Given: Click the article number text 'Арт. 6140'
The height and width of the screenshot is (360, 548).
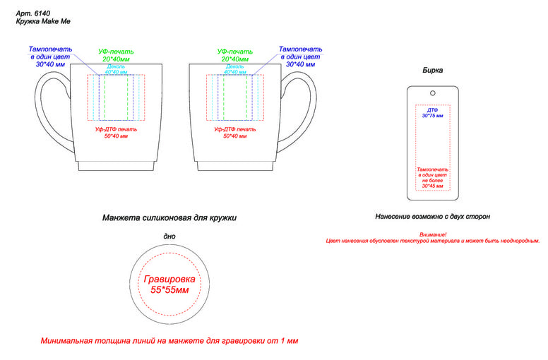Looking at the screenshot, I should [x=32, y=13].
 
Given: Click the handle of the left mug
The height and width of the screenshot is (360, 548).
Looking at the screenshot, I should [x=44, y=113].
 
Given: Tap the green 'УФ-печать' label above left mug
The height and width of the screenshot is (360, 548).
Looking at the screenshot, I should [x=116, y=52].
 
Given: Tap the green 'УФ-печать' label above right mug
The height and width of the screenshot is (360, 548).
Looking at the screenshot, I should [x=235, y=52].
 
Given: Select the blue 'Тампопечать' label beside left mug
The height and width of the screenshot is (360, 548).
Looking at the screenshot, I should [x=50, y=49].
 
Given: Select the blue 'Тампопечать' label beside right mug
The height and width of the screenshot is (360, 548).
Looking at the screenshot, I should [x=300, y=49].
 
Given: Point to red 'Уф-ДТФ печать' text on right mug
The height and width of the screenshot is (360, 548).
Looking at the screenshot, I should [x=235, y=129].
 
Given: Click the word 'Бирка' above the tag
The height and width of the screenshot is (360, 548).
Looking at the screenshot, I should [x=433, y=71].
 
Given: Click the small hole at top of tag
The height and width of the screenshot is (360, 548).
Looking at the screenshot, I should [x=432, y=93].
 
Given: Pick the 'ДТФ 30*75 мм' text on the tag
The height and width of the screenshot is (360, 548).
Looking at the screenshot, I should [x=433, y=113].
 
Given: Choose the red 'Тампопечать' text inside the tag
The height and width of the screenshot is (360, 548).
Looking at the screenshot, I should [x=433, y=170].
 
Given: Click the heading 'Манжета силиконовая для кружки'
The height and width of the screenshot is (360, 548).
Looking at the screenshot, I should [x=169, y=218].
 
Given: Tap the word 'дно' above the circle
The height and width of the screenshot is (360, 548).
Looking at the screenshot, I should [x=169, y=236].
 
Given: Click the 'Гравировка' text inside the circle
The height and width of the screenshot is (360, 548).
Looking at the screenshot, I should [x=169, y=280].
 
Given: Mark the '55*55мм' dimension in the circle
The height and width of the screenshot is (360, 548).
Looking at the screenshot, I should [x=169, y=290].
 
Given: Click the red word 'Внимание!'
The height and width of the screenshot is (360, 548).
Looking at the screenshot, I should [x=433, y=234].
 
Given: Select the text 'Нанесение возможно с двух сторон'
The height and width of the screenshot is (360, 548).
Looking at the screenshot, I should [x=432, y=217].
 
